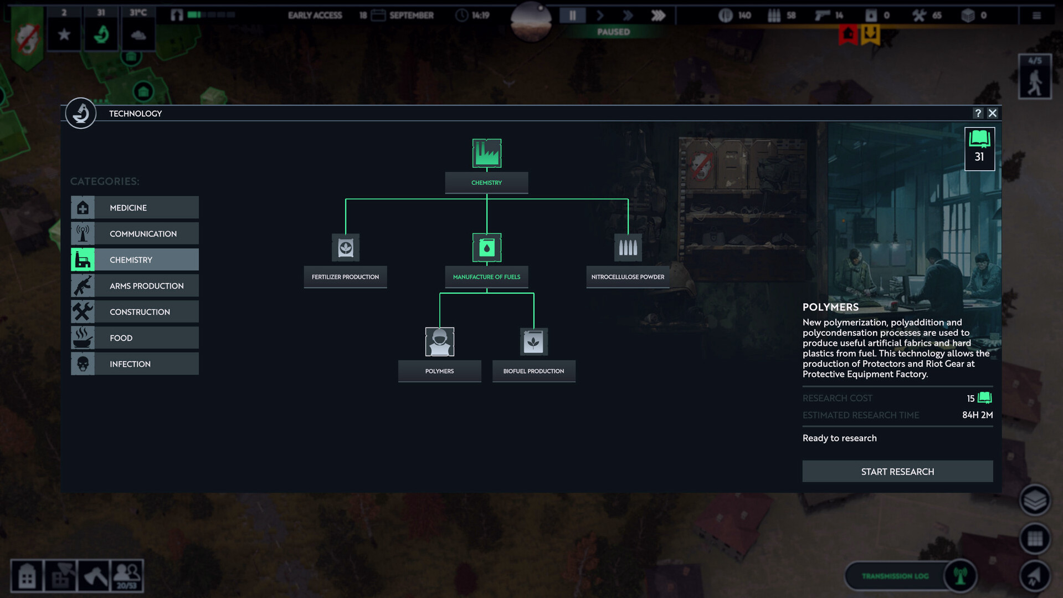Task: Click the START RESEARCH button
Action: (x=897, y=472)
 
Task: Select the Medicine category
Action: (x=135, y=208)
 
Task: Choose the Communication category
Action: (x=135, y=234)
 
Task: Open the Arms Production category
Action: (x=135, y=286)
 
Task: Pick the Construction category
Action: (x=135, y=312)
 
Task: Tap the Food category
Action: (x=135, y=338)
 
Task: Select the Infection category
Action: (x=135, y=364)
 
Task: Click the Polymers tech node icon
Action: (x=440, y=341)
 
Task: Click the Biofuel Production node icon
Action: (x=534, y=341)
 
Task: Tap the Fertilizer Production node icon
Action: (x=346, y=248)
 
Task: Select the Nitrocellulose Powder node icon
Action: (x=628, y=248)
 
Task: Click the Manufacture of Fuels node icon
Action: (x=487, y=248)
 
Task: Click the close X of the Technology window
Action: (x=993, y=113)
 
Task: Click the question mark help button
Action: (x=978, y=113)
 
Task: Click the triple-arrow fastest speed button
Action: (x=658, y=16)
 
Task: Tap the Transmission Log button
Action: (x=895, y=576)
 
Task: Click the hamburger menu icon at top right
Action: (x=1036, y=16)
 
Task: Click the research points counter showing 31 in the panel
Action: (x=979, y=149)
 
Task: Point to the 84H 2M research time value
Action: (x=977, y=415)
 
